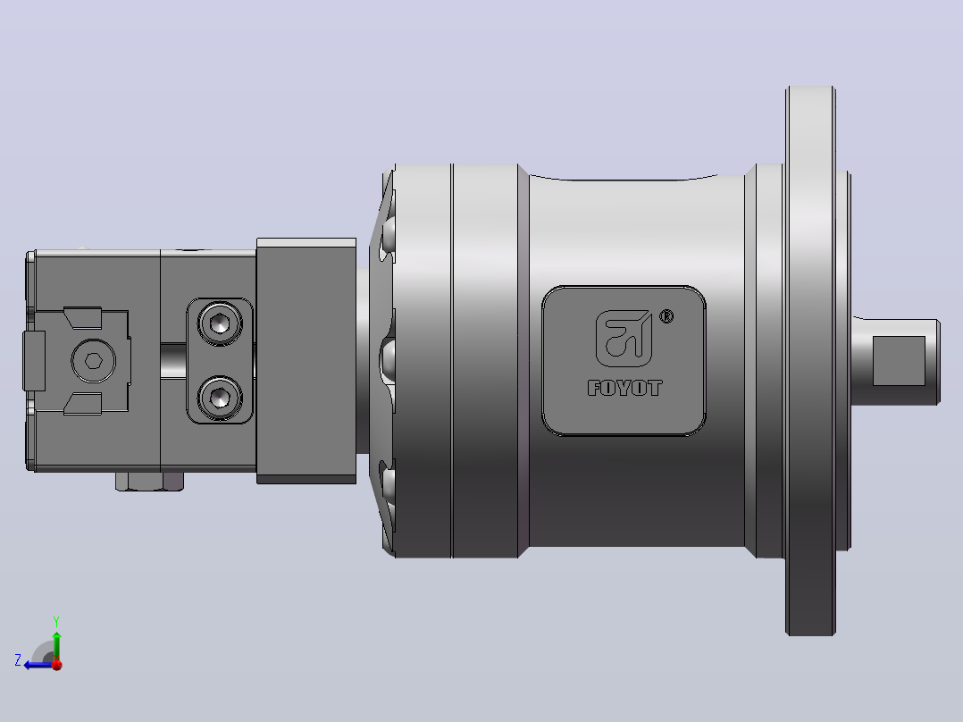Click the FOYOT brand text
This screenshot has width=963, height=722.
pyautogui.click(x=624, y=388)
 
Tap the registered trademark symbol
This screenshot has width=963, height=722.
pyautogui.click(x=666, y=316)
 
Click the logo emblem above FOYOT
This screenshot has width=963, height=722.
pyautogui.click(x=624, y=339)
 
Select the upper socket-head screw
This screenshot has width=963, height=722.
pyautogui.click(x=220, y=323)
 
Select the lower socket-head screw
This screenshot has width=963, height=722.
pyautogui.click(x=220, y=397)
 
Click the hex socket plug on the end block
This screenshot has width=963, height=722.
pyautogui.click(x=93, y=361)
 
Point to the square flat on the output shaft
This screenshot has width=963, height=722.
pyautogui.click(x=899, y=361)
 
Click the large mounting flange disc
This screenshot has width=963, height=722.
pyautogui.click(x=811, y=361)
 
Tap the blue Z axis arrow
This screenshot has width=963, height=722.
pyautogui.click(x=40, y=665)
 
